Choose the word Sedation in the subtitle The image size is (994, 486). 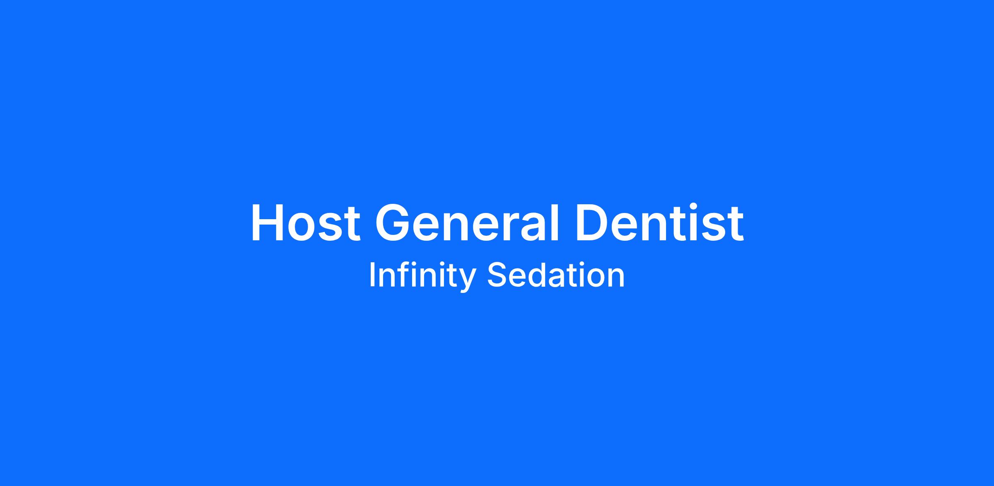pyautogui.click(x=556, y=275)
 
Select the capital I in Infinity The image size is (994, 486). pyautogui.click(x=372, y=275)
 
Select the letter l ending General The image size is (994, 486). pyautogui.click(x=556, y=222)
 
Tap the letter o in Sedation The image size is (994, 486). pyautogui.click(x=593, y=278)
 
